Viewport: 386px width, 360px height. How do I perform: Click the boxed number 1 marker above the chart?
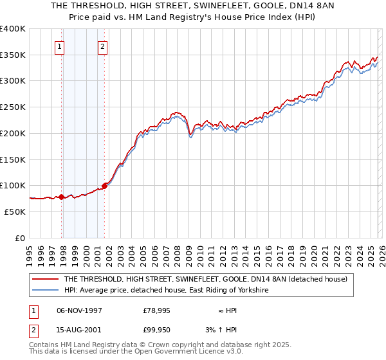pos(59,46)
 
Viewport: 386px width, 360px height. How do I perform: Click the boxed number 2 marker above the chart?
pos(102,46)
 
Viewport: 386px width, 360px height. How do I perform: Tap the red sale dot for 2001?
pos(104,186)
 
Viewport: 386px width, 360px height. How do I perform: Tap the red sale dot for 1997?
pos(62,197)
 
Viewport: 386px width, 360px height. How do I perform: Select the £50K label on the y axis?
pos(15,212)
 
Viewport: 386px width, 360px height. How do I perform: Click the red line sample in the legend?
pos(46,279)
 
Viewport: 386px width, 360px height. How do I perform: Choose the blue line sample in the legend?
pos(46,291)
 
